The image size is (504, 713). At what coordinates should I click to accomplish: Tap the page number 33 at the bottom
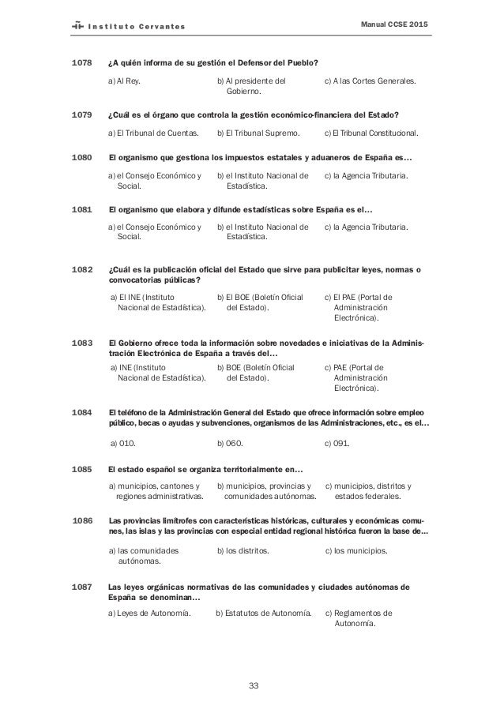pos(252,684)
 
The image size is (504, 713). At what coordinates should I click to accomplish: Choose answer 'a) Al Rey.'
pos(125,81)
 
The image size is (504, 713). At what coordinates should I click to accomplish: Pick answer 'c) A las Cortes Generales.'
pos(371,81)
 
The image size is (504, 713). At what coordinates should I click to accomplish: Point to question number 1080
pos(82,158)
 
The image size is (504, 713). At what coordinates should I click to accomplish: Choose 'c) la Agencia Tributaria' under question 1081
pos(367,228)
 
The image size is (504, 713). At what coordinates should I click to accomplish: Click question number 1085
pos(82,468)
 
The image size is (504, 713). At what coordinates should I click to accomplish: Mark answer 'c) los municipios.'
pos(356,550)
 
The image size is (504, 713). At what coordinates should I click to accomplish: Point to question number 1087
pos(82,587)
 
